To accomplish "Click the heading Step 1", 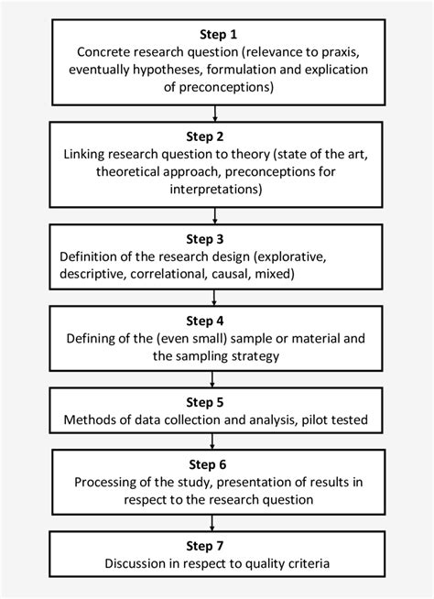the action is click(218, 35).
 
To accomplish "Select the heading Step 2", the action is click(205, 136).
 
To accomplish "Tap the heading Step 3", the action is click(205, 239).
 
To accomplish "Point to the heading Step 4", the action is click(205, 321).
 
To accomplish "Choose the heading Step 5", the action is click(205, 402).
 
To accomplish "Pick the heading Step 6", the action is click(208, 464).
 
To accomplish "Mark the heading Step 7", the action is click(205, 546).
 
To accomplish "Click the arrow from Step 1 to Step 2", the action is click(215, 114).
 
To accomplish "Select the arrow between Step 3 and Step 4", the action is click(214, 298).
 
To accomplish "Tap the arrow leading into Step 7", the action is click(212, 523).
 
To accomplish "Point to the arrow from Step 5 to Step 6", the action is click(212, 441).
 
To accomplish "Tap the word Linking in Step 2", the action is click(84, 155).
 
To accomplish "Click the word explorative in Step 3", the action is click(290, 257).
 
